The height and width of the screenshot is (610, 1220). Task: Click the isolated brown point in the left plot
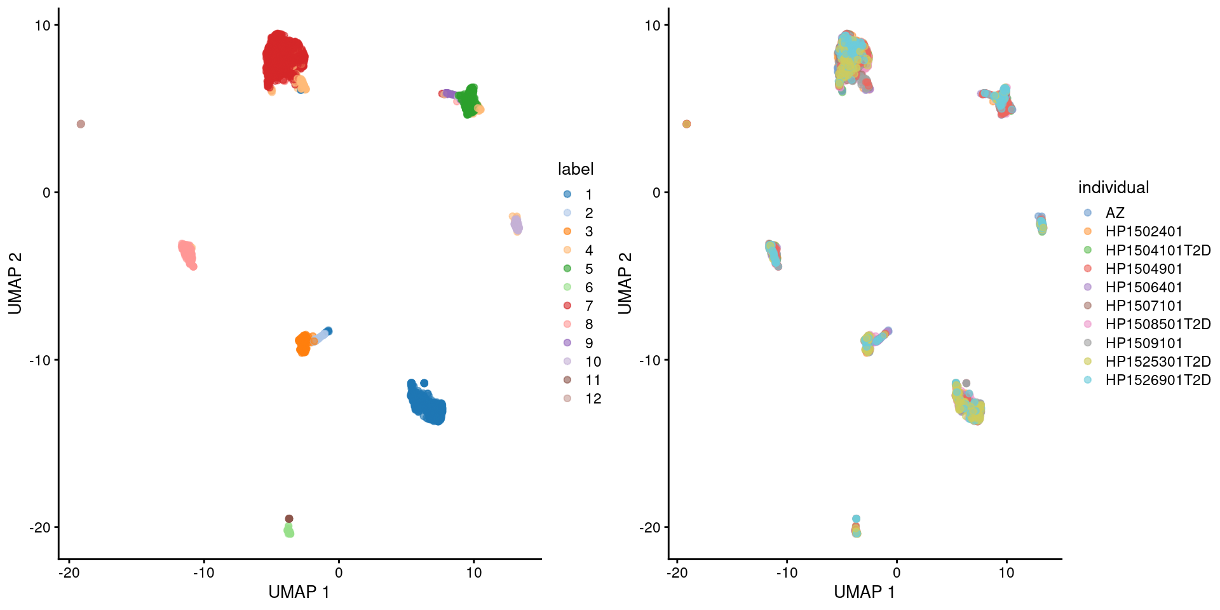tap(81, 124)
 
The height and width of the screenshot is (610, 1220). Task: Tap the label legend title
tap(575, 169)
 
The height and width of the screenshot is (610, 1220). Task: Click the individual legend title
tap(1113, 187)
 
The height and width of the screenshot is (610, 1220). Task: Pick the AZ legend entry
tap(1115, 213)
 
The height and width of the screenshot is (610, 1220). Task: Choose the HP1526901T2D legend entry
tap(1157, 380)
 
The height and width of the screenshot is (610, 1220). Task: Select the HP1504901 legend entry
tap(1143, 269)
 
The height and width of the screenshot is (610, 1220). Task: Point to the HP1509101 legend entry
tap(1143, 343)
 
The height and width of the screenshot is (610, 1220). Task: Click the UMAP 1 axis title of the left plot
tap(299, 592)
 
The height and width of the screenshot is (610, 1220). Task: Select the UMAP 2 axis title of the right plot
tap(625, 283)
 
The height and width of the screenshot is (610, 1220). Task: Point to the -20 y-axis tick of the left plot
tap(39, 527)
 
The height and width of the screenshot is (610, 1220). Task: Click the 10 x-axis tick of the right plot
tap(1006, 573)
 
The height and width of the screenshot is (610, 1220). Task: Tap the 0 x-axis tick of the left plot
tap(339, 573)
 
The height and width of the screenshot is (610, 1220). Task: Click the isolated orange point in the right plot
tap(686, 124)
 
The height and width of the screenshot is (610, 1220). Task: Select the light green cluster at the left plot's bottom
tap(289, 530)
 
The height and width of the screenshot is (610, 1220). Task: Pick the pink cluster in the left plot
tap(187, 254)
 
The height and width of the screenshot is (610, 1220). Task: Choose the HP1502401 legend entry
tap(1143, 231)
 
